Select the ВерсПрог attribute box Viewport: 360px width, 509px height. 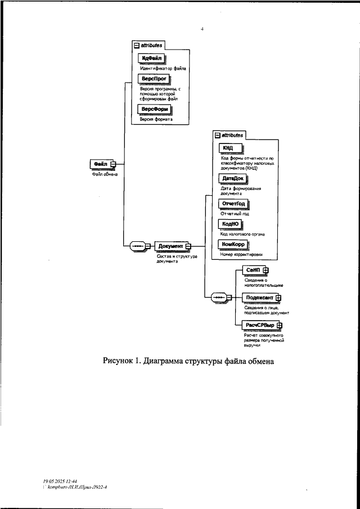click(152, 80)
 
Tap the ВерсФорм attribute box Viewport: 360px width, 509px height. click(154, 110)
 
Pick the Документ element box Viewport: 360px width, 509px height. click(170, 246)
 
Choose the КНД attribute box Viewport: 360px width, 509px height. click(230, 148)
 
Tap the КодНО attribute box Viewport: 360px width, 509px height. click(231, 224)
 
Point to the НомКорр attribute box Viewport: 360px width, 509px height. click(233, 244)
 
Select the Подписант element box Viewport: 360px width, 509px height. click(258, 298)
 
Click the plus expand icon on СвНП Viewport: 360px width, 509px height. click(266, 271)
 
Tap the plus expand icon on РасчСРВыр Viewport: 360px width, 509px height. click(280, 325)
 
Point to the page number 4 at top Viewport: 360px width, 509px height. click(202, 28)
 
